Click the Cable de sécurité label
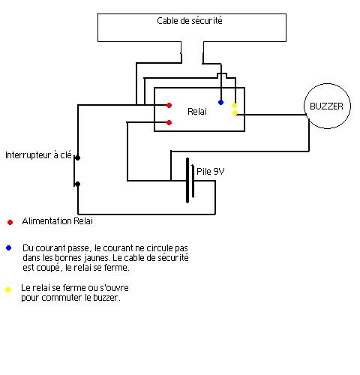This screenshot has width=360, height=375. tap(190, 21)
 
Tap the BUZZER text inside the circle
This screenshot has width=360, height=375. tap(326, 106)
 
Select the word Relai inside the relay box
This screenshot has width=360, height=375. tap(197, 112)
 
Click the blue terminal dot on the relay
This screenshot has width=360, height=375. tap(220, 102)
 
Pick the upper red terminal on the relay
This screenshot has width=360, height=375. tap(169, 106)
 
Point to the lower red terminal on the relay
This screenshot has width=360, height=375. tap(169, 122)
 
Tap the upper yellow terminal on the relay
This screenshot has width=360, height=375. tap(234, 105)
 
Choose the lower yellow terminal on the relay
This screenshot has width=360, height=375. tap(235, 113)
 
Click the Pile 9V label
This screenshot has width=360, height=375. tap(211, 172)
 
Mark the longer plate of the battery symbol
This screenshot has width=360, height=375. tap(187, 180)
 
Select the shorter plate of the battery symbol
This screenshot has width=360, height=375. tap(193, 181)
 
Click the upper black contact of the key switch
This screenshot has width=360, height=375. tap(78, 157)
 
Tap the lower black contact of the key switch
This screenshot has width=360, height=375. tap(78, 184)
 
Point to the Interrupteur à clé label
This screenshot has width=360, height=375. tap(38, 155)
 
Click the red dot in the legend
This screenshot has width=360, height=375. tap(10, 222)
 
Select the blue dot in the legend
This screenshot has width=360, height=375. tap(9, 248)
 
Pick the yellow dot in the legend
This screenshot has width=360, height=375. tap(8, 289)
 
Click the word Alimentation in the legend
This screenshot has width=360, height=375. tap(46, 221)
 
